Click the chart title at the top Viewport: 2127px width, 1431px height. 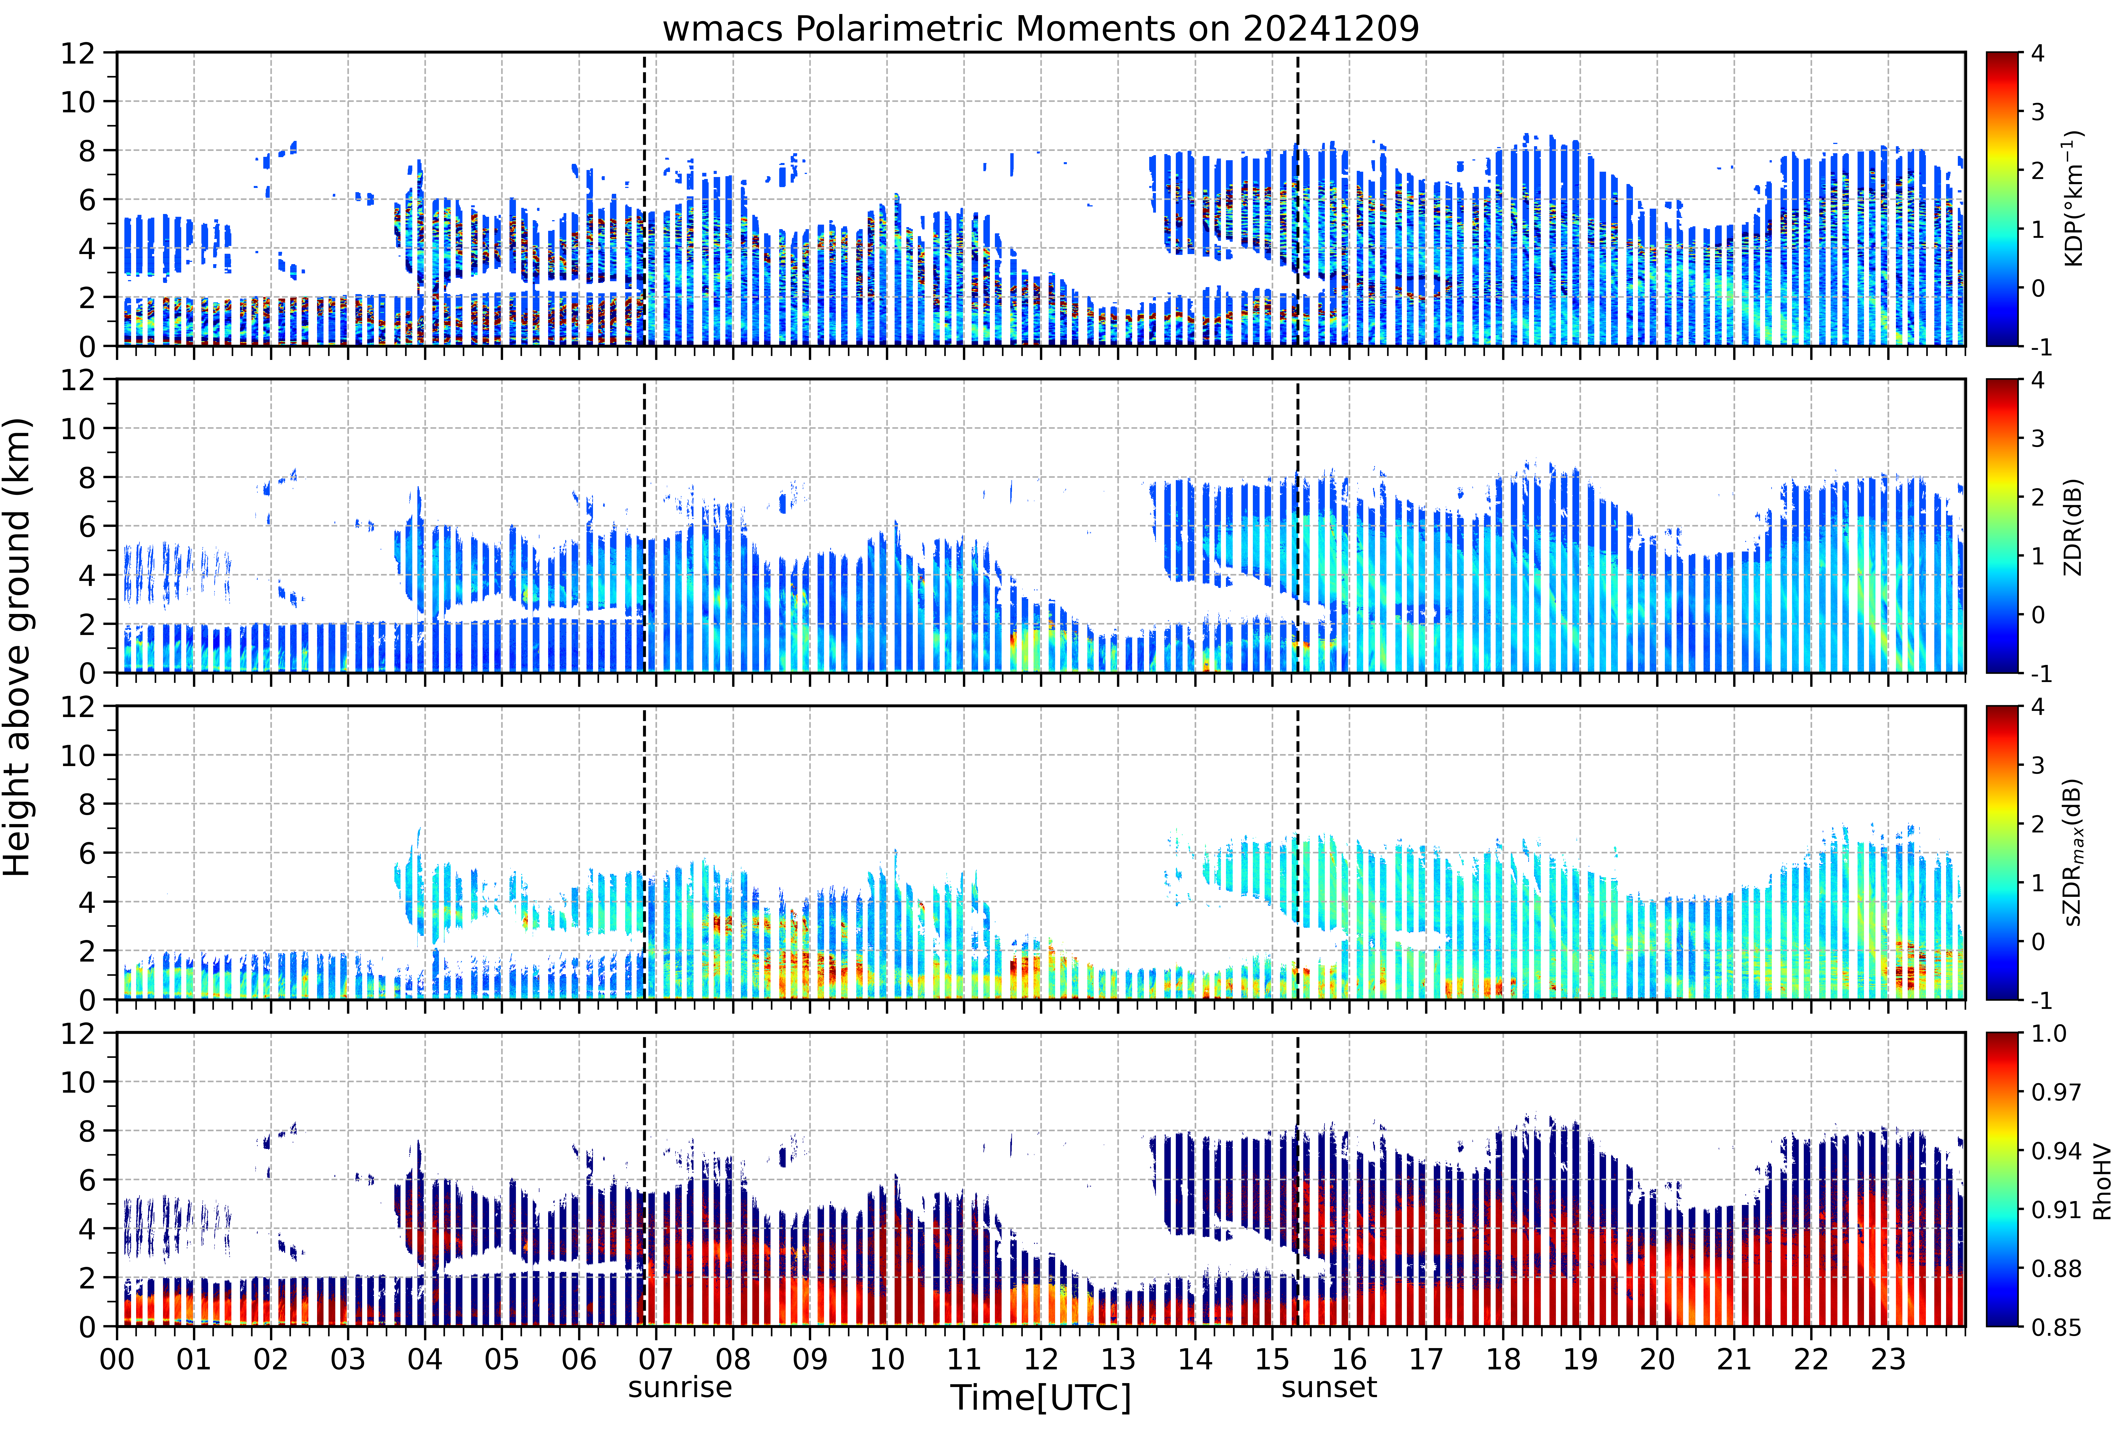(x=1040, y=29)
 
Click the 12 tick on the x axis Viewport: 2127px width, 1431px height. (x=1040, y=1359)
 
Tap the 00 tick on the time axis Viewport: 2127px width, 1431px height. (x=117, y=1359)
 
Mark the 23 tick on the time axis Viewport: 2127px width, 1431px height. (x=1888, y=1359)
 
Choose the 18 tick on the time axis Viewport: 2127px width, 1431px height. (x=1503, y=1359)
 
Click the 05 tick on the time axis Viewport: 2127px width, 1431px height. (x=502, y=1359)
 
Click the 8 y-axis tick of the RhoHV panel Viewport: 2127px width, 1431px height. (x=87, y=1131)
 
